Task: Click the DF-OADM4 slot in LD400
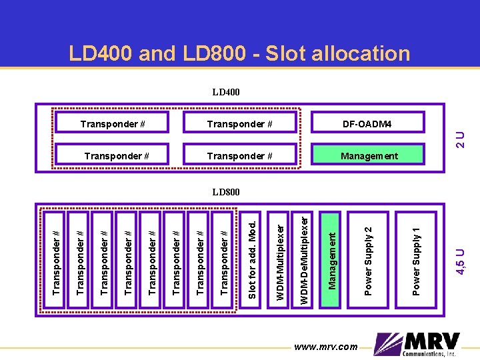point(367,123)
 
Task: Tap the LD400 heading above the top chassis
point(226,92)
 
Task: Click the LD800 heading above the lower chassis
point(226,192)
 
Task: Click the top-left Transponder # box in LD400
point(113,123)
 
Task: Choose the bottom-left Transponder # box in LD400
point(117,156)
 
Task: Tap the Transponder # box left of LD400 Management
point(240,156)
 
